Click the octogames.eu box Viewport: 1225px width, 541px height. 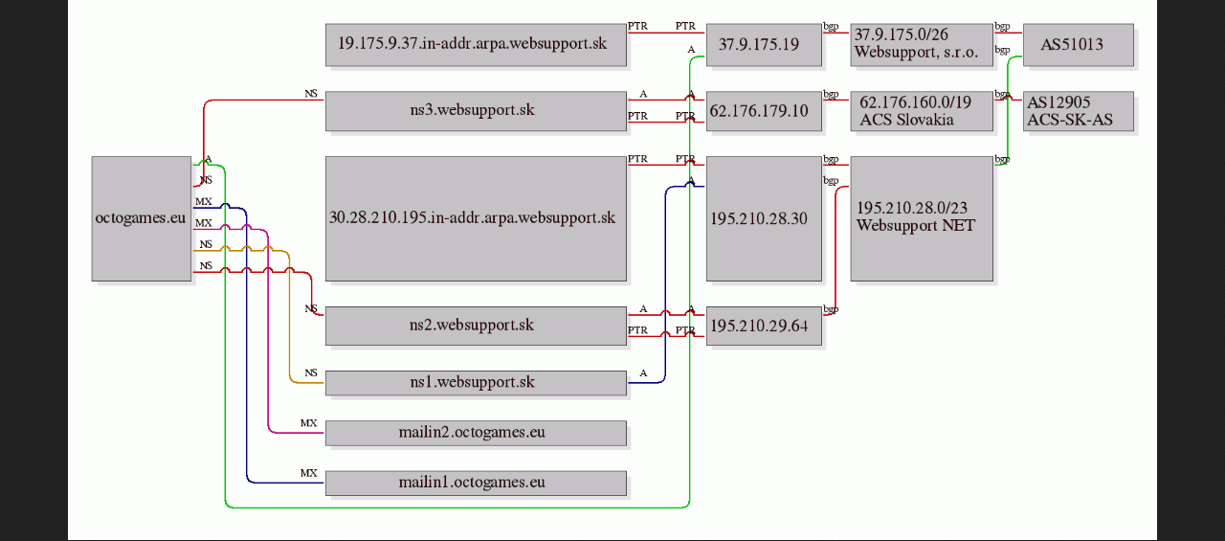click(142, 219)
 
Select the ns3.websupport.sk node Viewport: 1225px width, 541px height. click(476, 111)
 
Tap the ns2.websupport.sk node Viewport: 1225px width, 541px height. click(476, 326)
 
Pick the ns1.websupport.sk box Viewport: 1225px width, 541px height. click(476, 383)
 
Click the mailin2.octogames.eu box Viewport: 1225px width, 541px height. click(476, 433)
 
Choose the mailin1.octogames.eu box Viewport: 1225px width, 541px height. click(476, 483)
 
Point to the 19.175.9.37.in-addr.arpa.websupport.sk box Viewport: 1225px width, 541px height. click(476, 45)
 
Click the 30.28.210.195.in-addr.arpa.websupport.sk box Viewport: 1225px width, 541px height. click(476, 219)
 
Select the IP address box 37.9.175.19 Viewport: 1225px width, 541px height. click(764, 45)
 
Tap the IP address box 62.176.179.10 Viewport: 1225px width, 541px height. click(764, 111)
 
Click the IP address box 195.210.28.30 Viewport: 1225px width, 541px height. click(764, 219)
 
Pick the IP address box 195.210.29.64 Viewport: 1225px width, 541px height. click(764, 326)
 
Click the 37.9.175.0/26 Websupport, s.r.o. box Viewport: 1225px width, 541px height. click(922, 45)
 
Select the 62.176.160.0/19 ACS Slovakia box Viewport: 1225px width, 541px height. click(922, 111)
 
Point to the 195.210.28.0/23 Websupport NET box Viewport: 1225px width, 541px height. click(922, 219)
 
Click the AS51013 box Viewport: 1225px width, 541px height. click(1079, 45)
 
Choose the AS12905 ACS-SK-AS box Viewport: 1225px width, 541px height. click(1079, 111)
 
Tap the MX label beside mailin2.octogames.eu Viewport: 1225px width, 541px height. click(308, 423)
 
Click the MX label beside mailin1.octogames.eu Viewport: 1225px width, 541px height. click(308, 473)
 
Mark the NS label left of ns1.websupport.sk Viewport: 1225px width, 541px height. click(311, 372)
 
